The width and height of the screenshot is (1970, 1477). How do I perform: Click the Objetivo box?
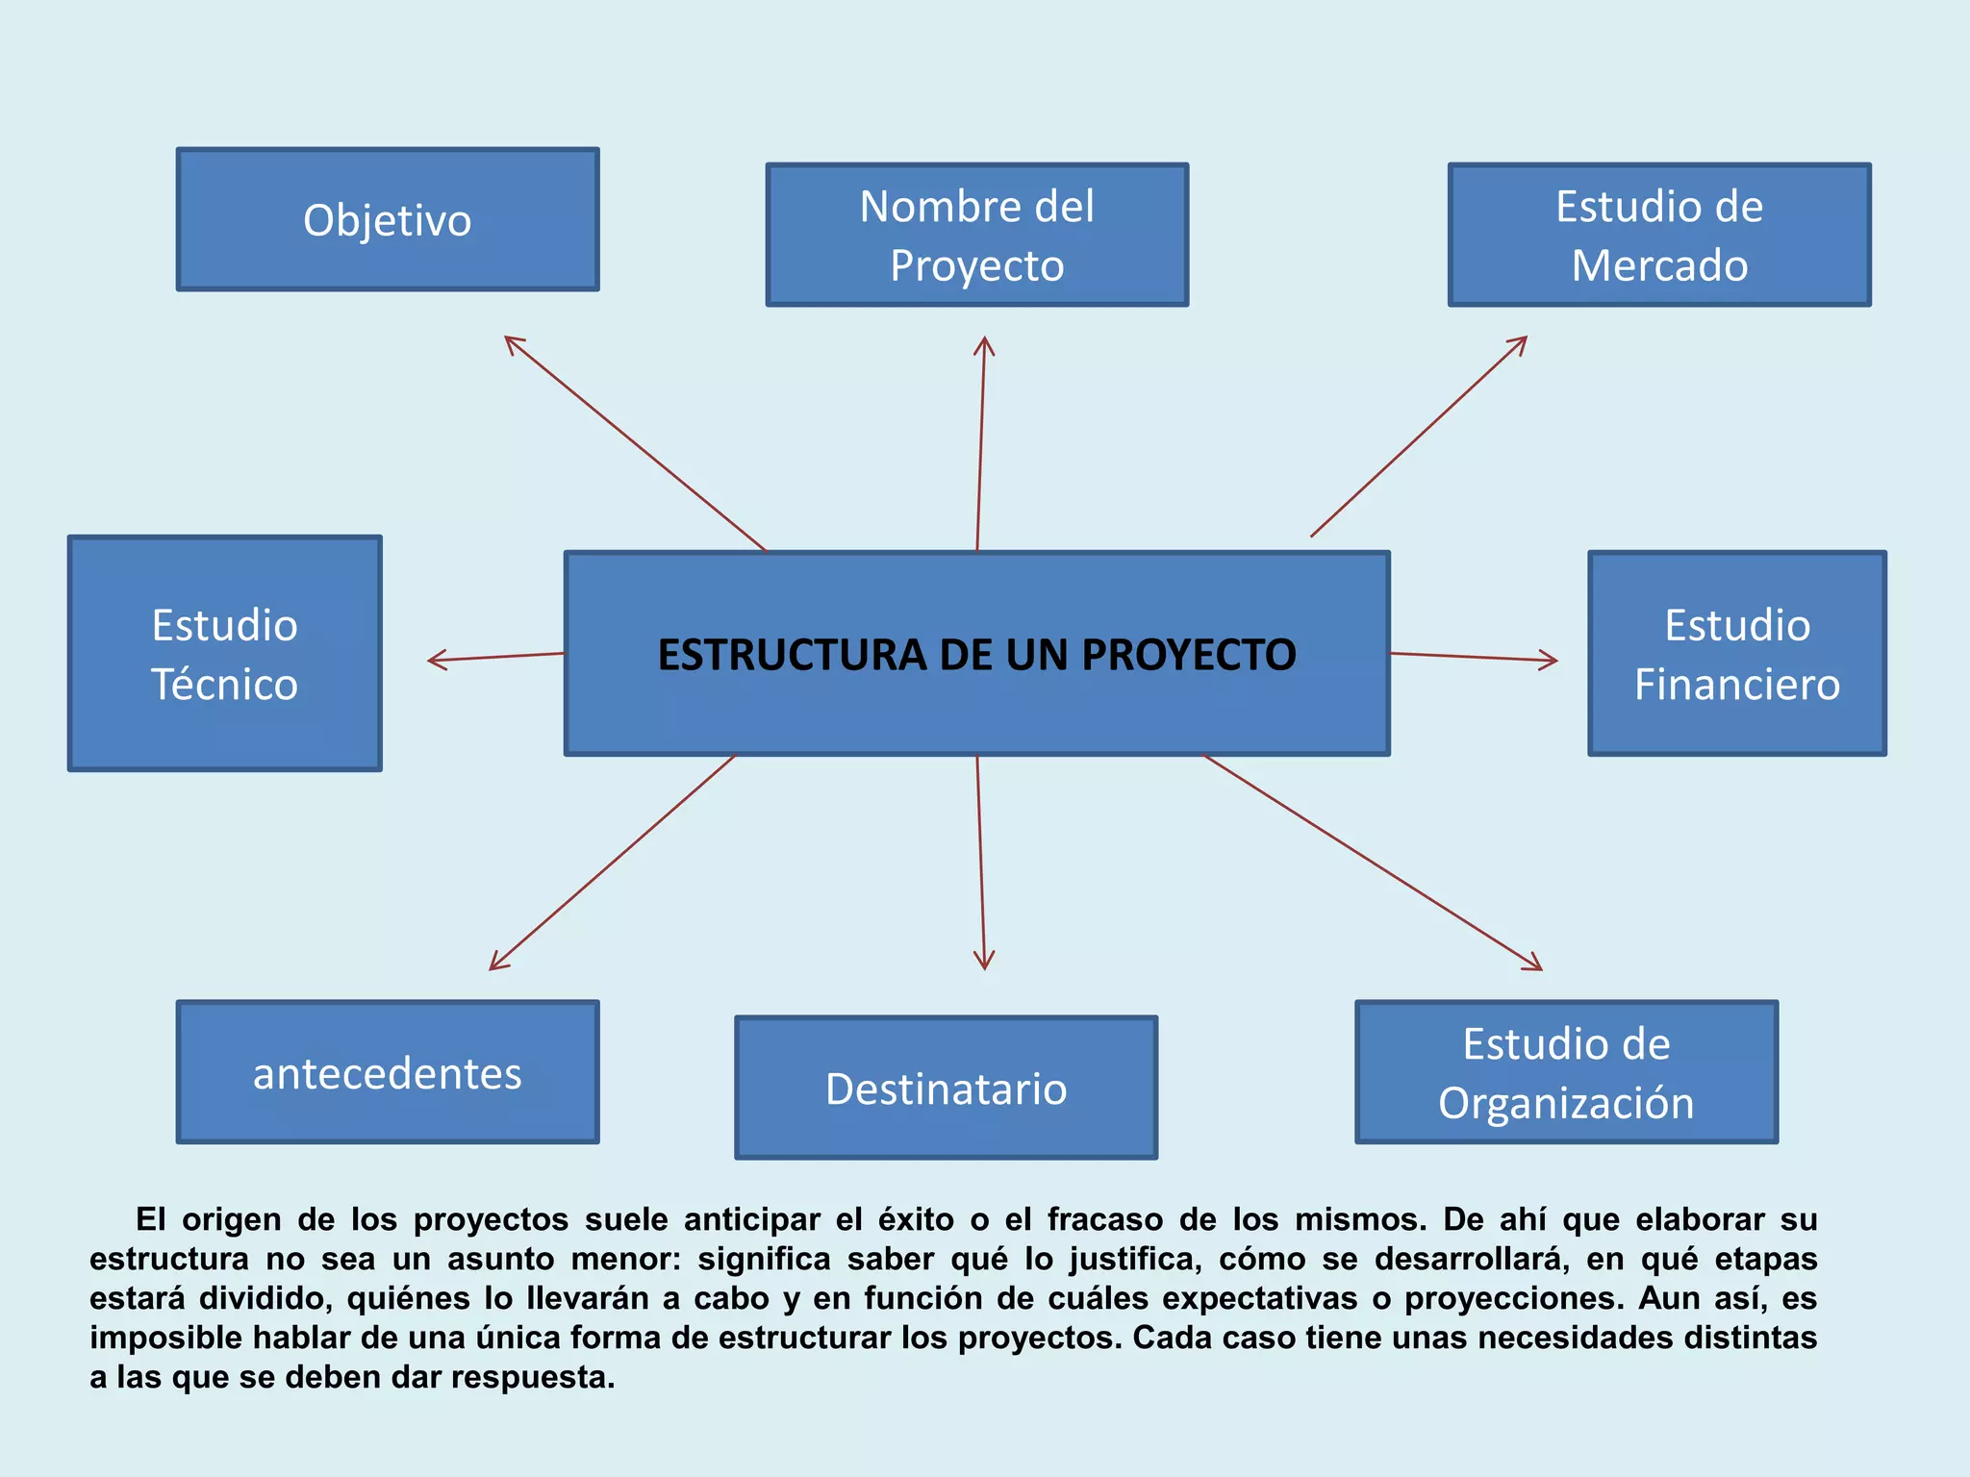coord(388,219)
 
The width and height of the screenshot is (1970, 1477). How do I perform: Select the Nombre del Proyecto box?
coord(977,236)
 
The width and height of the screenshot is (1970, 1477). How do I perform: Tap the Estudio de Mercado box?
coord(1659,236)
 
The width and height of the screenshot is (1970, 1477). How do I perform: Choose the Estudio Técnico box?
coord(225,654)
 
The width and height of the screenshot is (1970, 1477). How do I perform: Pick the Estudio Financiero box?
coord(1737,654)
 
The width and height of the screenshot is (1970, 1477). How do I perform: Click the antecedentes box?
coord(388,1072)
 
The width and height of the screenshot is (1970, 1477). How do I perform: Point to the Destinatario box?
coord(947,1088)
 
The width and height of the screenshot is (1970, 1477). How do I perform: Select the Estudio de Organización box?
coord(1566,1072)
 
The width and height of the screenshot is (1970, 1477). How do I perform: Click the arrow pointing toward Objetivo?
coord(635,443)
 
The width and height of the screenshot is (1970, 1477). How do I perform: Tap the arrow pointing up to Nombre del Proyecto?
coord(981,442)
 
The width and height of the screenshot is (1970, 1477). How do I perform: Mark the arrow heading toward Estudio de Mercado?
coord(1419,437)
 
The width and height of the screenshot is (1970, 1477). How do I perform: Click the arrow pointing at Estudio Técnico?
coord(495,658)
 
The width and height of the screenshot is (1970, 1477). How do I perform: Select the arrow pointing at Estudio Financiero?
coord(1474,658)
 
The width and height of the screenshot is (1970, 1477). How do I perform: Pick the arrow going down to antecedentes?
coord(612,863)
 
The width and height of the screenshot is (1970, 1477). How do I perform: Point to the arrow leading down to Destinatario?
coord(981,863)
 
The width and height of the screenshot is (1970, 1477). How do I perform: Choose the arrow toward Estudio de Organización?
coord(1373,863)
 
